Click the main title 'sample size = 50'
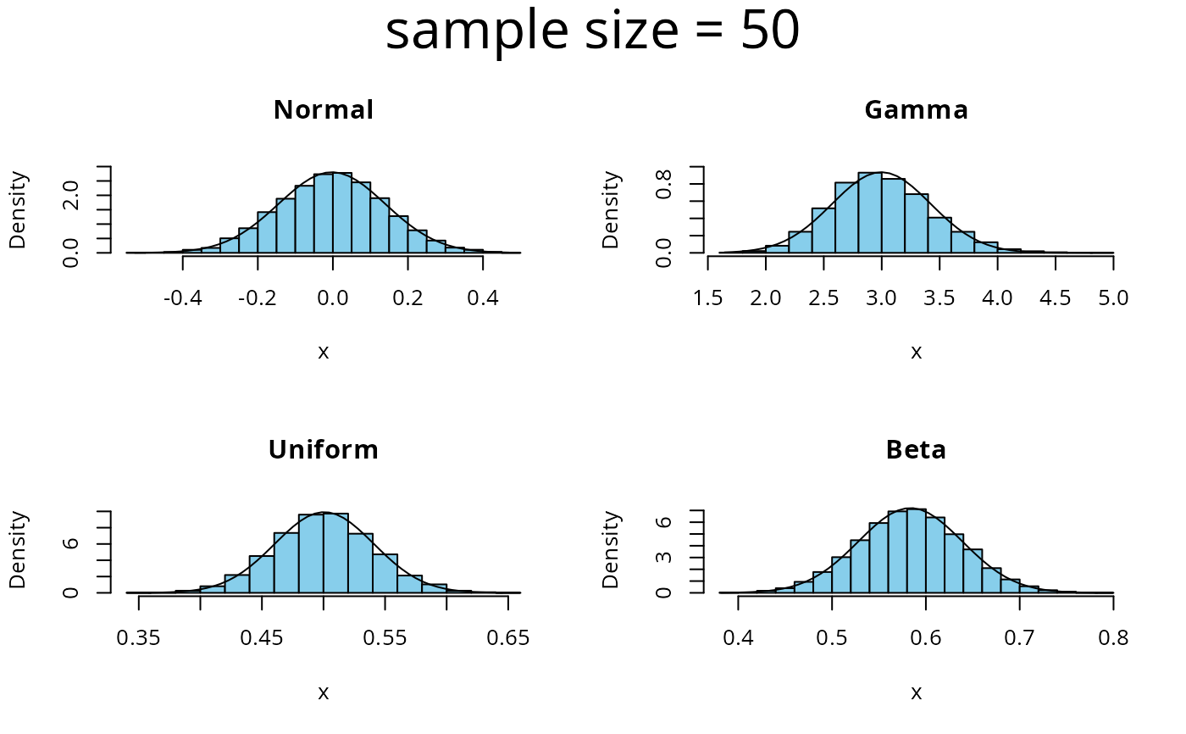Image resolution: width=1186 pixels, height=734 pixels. [592, 32]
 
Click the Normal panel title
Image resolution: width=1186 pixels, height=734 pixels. [323, 110]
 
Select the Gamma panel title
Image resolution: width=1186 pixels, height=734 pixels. [916, 110]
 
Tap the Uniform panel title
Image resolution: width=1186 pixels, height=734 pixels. [323, 449]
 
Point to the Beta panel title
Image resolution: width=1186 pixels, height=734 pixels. [916, 449]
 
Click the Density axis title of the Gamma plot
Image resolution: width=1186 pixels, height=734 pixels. [611, 210]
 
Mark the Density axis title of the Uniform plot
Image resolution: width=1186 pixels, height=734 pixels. [18, 549]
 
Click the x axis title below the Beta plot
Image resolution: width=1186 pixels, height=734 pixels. [916, 692]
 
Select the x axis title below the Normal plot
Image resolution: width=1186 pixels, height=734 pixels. [323, 352]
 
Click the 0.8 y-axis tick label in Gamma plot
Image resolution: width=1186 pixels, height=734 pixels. [666, 184]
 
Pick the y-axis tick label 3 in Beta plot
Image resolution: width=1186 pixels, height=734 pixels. [666, 557]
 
